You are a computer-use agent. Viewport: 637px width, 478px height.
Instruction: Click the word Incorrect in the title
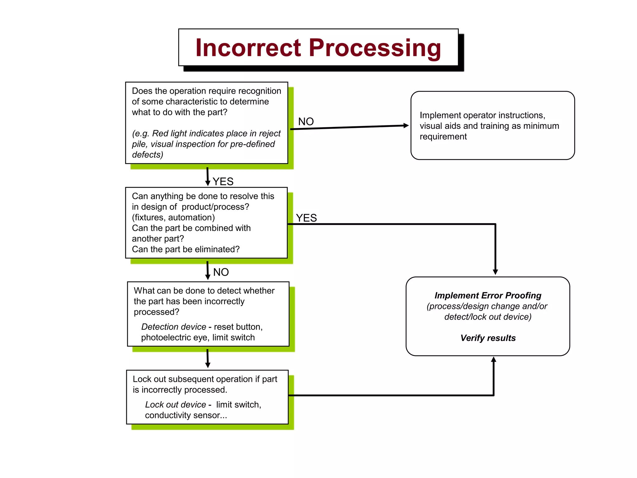(248, 48)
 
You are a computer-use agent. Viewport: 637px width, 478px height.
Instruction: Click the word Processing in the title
(375, 48)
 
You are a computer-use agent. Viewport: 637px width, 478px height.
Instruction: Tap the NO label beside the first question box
(306, 121)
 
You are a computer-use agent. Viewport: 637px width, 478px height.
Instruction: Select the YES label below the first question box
(223, 181)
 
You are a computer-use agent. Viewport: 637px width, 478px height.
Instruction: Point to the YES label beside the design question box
(306, 218)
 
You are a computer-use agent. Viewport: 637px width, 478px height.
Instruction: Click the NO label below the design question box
(221, 272)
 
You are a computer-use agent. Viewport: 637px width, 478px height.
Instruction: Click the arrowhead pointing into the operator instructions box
(406, 125)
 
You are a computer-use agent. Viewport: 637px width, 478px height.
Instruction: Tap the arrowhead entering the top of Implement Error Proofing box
(495, 272)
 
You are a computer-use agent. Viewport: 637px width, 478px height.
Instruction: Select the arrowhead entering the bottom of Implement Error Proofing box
(494, 360)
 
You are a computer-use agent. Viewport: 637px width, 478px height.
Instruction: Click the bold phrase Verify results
(488, 338)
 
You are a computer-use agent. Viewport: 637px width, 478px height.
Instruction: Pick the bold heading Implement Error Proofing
(488, 295)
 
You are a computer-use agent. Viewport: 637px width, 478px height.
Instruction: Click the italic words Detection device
(174, 327)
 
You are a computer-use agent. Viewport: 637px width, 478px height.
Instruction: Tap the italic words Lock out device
(175, 405)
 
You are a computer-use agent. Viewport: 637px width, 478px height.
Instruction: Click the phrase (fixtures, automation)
(173, 218)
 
